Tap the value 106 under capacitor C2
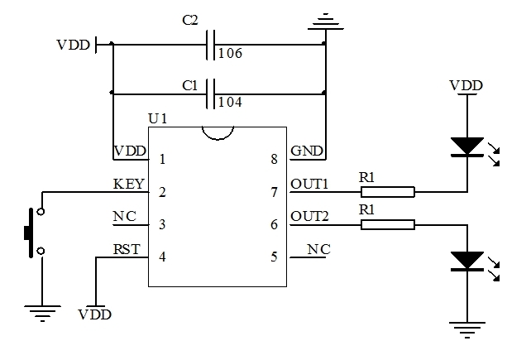pyautogui.click(x=230, y=54)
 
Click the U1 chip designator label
pyautogui.click(x=157, y=119)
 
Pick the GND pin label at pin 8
pyautogui.click(x=307, y=151)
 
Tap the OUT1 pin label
pyautogui.click(x=310, y=184)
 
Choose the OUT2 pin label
pyautogui.click(x=310, y=217)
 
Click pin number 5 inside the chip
pyautogui.click(x=274, y=257)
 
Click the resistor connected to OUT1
pyautogui.click(x=387, y=192)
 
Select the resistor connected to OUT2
pyautogui.click(x=387, y=224)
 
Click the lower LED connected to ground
pyautogui.click(x=468, y=261)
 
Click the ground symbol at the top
pyautogui.click(x=328, y=20)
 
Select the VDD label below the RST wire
pyautogui.click(x=95, y=314)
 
